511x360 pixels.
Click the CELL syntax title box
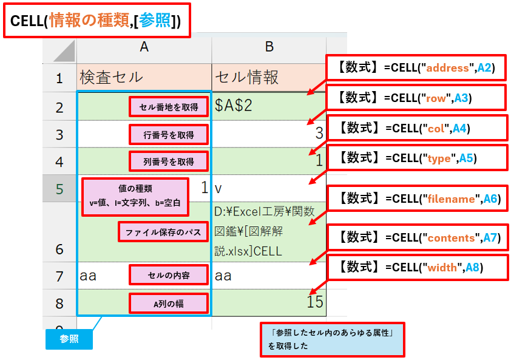(x=96, y=21)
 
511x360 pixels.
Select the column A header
(x=144, y=47)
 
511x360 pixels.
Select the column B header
(x=269, y=47)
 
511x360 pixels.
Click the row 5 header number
(x=59, y=189)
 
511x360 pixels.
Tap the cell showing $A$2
(x=269, y=106)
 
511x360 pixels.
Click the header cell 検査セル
(x=144, y=77)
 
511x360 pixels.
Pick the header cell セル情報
(x=269, y=77)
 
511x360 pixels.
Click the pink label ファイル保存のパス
(x=163, y=232)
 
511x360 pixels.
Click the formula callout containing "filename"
(x=417, y=199)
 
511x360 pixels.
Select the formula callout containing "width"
(x=416, y=267)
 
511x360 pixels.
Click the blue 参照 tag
(x=69, y=339)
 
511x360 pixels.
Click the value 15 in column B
(x=314, y=302)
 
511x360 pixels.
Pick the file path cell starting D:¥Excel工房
(x=269, y=231)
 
